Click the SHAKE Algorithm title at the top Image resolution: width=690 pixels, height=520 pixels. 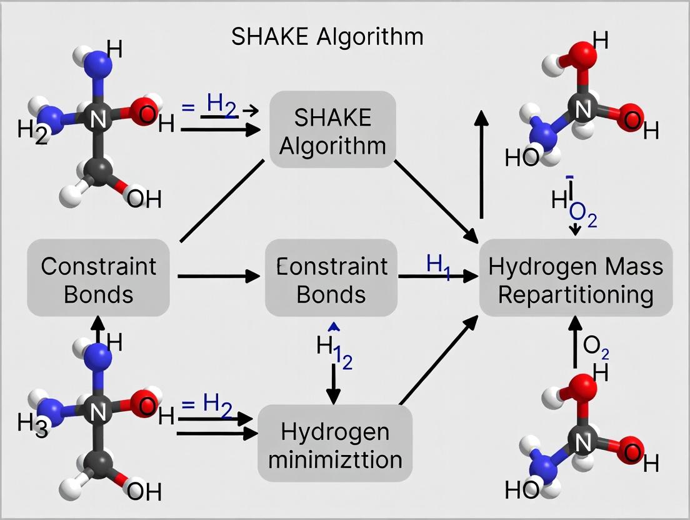[x=327, y=37]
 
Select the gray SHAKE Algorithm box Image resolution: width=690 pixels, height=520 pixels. [x=332, y=131]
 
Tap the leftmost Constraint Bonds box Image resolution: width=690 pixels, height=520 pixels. [x=98, y=279]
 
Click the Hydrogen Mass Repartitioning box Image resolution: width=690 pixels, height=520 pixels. [x=575, y=279]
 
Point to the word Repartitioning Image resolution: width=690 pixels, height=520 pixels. [x=575, y=294]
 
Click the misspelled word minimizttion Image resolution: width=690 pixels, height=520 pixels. [x=334, y=460]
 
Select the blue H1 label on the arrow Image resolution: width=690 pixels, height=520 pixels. [x=438, y=263]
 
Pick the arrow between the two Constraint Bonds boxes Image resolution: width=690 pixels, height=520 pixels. [x=219, y=276]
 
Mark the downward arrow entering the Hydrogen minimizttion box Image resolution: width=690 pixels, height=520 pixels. [x=334, y=384]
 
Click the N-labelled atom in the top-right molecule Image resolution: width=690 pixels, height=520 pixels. [x=582, y=110]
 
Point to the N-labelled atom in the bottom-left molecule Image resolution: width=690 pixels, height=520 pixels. [x=97, y=411]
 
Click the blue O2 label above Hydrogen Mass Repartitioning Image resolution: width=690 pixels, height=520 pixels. [x=583, y=219]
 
